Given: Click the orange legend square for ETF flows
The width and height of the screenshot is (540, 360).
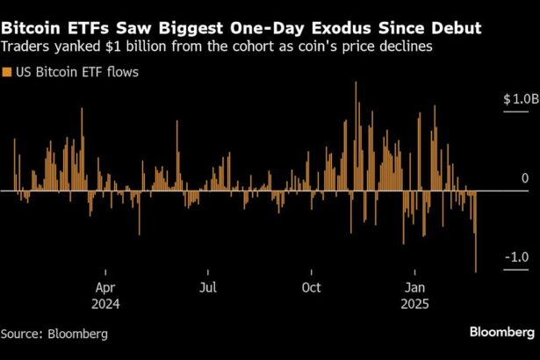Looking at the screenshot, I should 7,71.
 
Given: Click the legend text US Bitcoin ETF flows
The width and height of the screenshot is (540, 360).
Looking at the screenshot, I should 76,71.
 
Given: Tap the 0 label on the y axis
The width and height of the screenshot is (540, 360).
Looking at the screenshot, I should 524,179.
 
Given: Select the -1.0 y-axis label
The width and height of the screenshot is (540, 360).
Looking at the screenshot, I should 516,258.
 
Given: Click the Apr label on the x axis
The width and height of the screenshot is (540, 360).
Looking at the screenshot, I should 105,288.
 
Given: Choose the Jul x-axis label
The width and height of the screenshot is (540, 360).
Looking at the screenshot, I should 207,288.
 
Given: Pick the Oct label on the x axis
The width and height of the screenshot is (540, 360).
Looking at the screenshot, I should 310,288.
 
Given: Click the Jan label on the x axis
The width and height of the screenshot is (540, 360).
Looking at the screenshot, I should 414,288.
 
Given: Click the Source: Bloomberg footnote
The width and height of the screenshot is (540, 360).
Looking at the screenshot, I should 54,334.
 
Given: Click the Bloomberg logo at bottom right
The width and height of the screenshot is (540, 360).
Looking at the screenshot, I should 501,332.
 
